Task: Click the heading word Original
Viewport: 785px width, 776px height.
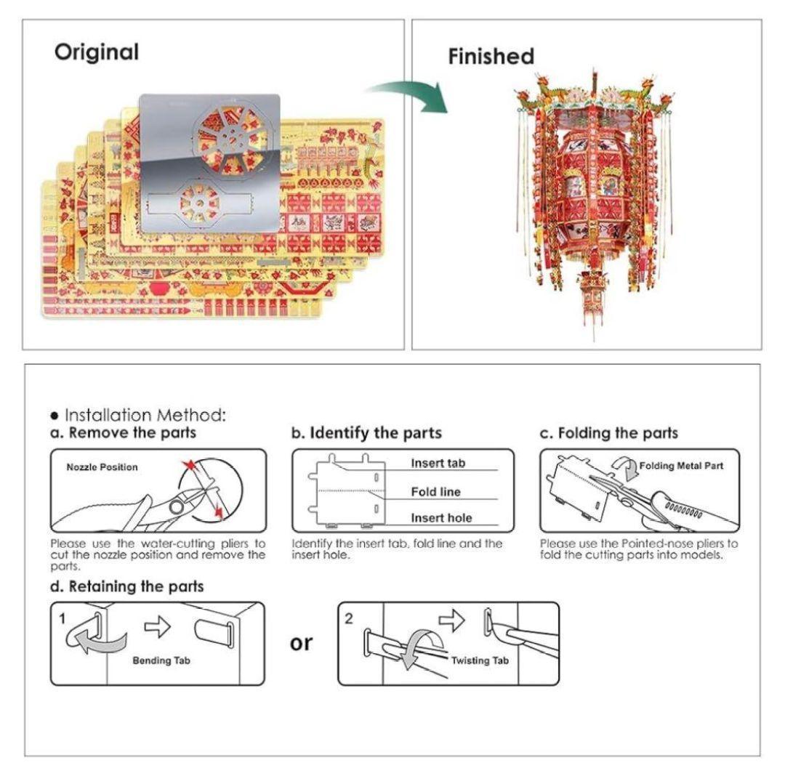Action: (x=97, y=52)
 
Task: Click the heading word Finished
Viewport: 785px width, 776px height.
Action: (x=491, y=56)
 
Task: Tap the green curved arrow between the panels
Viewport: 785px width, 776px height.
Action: (x=411, y=95)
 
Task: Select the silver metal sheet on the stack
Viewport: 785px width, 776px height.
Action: (x=210, y=163)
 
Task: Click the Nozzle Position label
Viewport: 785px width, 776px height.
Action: (x=102, y=466)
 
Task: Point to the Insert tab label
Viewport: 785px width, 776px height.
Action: (x=438, y=464)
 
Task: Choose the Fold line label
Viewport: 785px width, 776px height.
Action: (x=435, y=492)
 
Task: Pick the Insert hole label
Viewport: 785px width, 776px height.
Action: (x=442, y=518)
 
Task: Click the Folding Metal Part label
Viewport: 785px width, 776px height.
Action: (x=681, y=466)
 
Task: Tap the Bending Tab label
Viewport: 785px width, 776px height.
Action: (x=161, y=660)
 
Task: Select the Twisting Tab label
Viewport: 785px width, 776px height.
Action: (x=480, y=660)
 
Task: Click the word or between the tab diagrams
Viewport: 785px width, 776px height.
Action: (x=301, y=644)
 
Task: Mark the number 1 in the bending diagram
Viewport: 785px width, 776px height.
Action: (x=63, y=619)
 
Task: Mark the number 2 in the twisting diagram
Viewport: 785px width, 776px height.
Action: (x=348, y=618)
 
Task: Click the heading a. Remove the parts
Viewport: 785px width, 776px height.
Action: (x=123, y=432)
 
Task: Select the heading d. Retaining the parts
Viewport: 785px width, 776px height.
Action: (x=127, y=586)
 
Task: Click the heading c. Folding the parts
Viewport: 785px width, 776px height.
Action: (x=609, y=433)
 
